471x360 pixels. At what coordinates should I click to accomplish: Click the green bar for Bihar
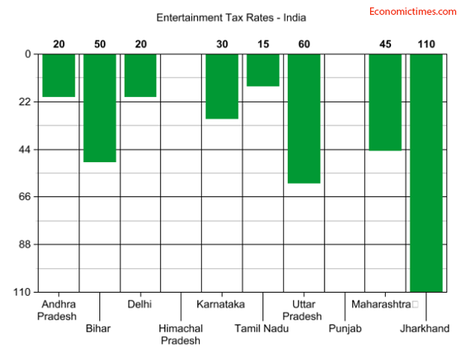[99, 108]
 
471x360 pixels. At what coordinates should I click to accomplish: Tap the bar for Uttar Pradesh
[304, 118]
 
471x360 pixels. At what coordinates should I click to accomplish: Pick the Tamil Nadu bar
[263, 69]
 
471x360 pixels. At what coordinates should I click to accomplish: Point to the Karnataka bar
[222, 86]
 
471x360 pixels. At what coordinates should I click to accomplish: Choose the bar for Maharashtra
[385, 102]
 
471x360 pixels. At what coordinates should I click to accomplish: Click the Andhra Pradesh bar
[58, 75]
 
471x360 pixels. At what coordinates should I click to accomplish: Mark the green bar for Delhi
[141, 75]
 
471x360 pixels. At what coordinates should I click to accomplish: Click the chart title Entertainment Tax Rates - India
[231, 16]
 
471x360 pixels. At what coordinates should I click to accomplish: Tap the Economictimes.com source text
[413, 11]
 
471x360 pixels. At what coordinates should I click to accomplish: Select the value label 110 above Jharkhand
[426, 44]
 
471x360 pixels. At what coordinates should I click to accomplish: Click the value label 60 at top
[304, 44]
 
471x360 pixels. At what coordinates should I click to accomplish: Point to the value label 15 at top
[263, 44]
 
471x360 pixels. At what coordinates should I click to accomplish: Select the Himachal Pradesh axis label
[181, 335]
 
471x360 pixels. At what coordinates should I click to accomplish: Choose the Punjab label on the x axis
[345, 329]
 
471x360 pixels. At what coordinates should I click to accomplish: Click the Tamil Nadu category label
[263, 329]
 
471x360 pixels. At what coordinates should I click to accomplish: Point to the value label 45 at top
[385, 44]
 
